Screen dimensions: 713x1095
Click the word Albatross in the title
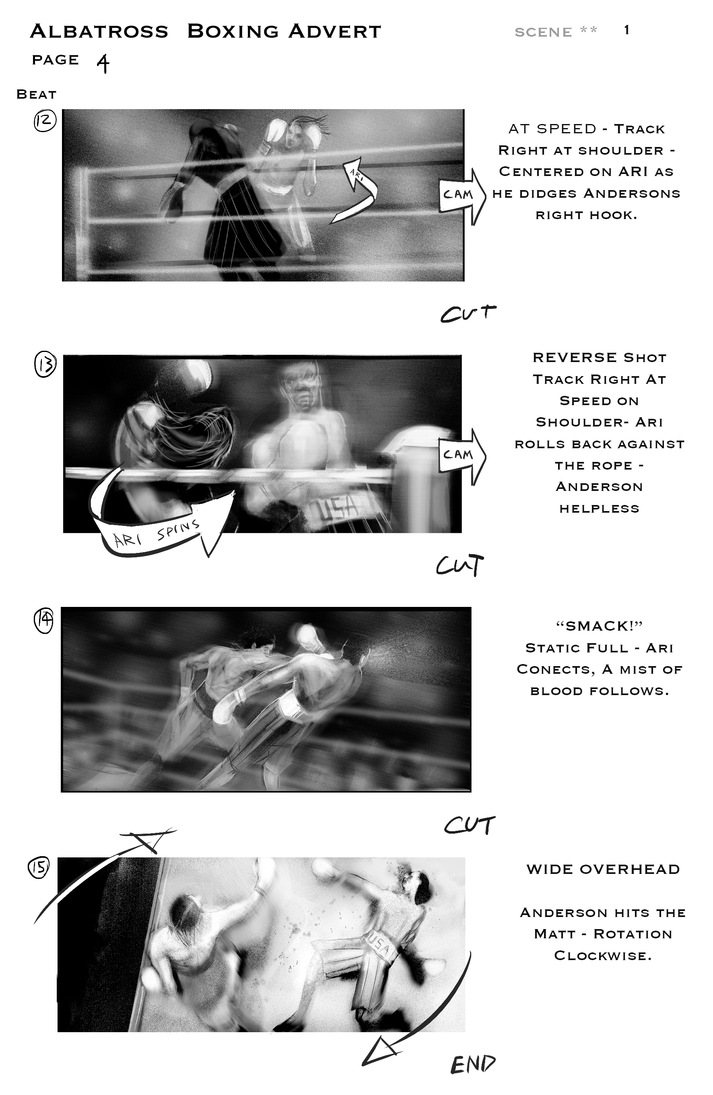pos(99,31)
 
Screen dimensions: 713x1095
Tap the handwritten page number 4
pos(103,64)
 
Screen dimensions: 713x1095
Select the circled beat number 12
pos(45,121)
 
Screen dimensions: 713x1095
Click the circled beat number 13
pos(45,364)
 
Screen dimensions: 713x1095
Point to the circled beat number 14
pos(44,621)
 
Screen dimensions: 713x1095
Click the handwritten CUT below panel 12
pos(468,313)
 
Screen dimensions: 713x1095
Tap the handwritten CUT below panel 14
pos(469,825)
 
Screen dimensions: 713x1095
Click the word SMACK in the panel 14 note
pos(599,626)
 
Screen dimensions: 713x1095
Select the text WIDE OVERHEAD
pos(603,869)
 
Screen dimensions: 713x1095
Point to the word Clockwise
pos(603,956)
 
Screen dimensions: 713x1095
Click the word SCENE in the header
pos(543,32)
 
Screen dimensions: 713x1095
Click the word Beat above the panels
pos(36,94)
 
